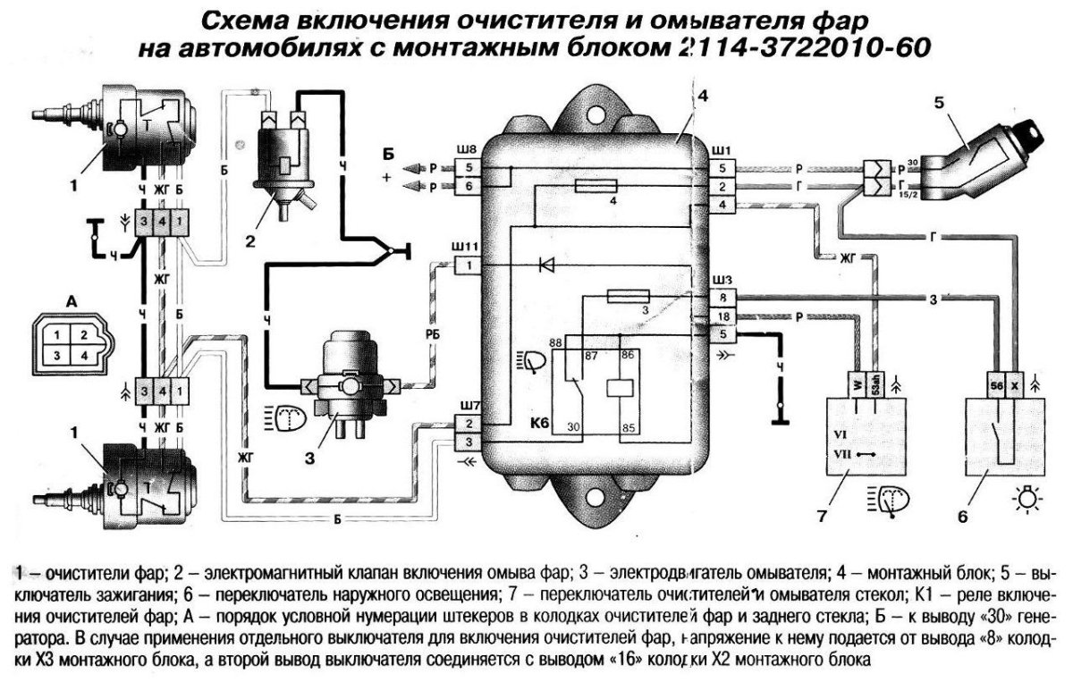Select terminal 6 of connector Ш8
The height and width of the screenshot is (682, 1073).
point(468,186)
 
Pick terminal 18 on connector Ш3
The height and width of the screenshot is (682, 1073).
point(723,316)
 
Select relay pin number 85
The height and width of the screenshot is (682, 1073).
point(629,427)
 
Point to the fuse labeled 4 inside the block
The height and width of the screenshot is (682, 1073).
point(596,186)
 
